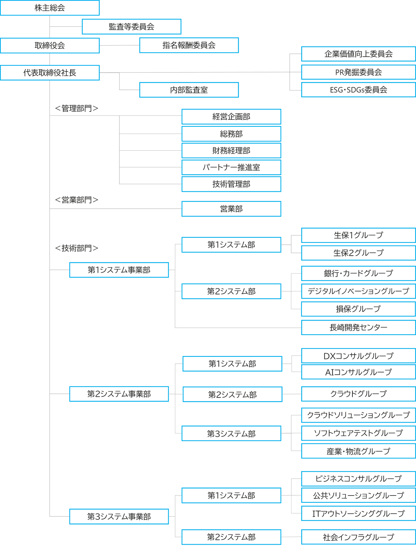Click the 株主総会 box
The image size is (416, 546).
(x=50, y=8)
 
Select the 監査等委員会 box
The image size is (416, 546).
(x=132, y=27)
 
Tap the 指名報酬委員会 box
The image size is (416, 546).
(x=189, y=45)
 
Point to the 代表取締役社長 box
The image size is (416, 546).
(x=50, y=73)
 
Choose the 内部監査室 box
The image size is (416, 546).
(x=189, y=90)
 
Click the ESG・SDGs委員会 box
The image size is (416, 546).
(x=358, y=90)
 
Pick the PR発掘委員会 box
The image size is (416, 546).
(x=358, y=72)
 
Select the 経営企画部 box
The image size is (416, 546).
(x=231, y=117)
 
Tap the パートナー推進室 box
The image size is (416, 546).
(x=231, y=167)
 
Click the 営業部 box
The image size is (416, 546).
(x=231, y=209)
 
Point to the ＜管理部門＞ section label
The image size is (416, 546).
(x=76, y=108)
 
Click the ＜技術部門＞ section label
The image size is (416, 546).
(x=76, y=248)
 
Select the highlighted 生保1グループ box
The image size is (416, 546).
(x=358, y=235)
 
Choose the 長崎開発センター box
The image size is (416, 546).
(x=358, y=327)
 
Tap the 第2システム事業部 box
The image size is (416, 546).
(x=119, y=394)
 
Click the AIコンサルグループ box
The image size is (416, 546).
(x=358, y=372)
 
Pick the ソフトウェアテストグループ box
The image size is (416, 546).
(x=358, y=433)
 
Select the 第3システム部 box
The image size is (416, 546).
(x=231, y=433)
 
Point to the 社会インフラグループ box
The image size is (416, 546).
(x=358, y=537)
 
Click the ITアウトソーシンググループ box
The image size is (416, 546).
(x=358, y=513)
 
